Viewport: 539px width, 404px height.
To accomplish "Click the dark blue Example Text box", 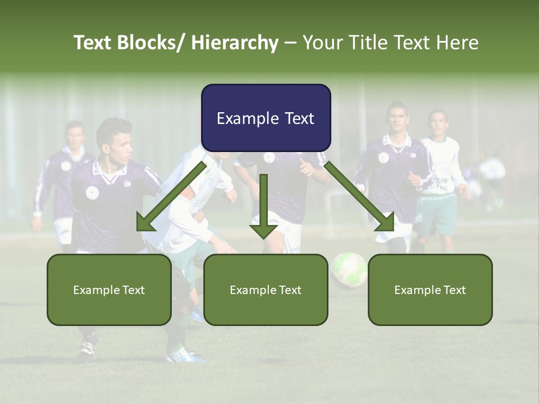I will (266, 118).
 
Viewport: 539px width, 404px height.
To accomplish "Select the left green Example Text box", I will (109, 290).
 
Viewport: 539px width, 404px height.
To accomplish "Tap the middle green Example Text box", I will (266, 290).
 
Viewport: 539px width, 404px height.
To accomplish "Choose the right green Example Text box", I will (430, 290).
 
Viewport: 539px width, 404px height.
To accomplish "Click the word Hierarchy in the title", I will (235, 43).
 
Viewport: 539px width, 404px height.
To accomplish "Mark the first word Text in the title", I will (94, 43).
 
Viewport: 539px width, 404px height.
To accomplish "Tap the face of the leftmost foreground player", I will (121, 147).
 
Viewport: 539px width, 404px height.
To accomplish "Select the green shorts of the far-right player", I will (436, 215).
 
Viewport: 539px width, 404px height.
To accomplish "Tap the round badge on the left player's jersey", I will (92, 192).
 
